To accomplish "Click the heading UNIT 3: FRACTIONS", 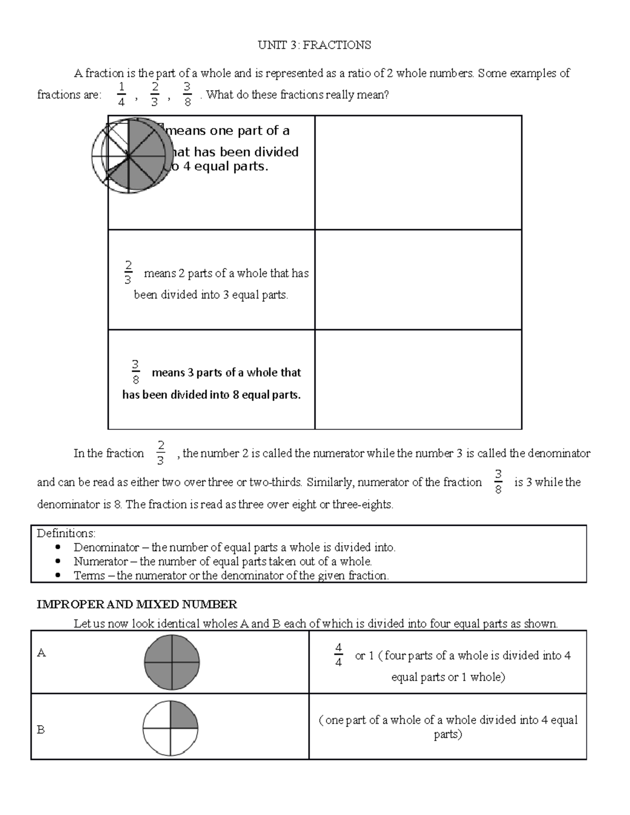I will (314, 45).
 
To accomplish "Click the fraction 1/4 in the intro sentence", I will (121, 94).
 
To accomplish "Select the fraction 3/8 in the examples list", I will (187, 94).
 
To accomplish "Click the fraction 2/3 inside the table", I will (128, 273).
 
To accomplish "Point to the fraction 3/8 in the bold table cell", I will (135, 372).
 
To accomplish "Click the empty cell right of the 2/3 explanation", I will (418, 280).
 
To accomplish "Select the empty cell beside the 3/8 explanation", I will (418, 379).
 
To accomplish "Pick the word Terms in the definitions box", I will (89, 576).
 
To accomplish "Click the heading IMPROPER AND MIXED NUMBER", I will (137, 605).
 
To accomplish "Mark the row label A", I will (41, 653).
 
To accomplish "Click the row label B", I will (41, 730).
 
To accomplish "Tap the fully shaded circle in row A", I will (172, 662).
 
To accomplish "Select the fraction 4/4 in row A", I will (338, 655).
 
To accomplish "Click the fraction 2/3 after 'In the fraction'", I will (161, 453).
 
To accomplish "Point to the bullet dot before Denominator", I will (58, 547).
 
